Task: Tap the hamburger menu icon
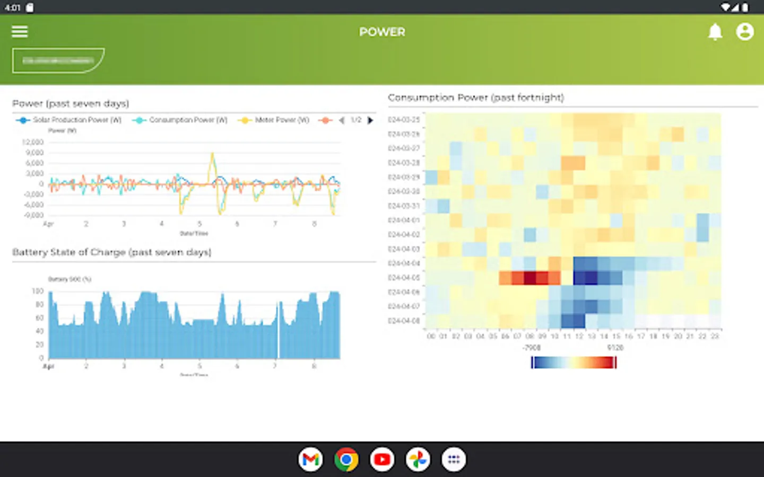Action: point(20,32)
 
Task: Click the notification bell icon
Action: point(715,32)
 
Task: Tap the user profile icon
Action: point(745,32)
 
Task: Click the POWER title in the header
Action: point(382,32)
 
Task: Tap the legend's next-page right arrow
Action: point(370,120)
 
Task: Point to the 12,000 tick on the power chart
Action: point(33,142)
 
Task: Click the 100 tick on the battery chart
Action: point(38,291)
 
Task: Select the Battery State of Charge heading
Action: point(111,252)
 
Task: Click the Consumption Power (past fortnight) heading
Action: point(476,98)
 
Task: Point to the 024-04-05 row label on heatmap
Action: point(404,278)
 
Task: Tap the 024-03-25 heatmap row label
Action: point(404,120)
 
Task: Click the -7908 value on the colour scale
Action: point(532,348)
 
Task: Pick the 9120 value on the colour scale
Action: point(615,348)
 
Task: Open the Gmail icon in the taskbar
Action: point(310,460)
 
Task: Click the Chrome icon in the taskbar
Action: point(346,460)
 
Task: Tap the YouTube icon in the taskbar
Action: point(382,460)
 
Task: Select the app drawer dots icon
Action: point(454,460)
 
